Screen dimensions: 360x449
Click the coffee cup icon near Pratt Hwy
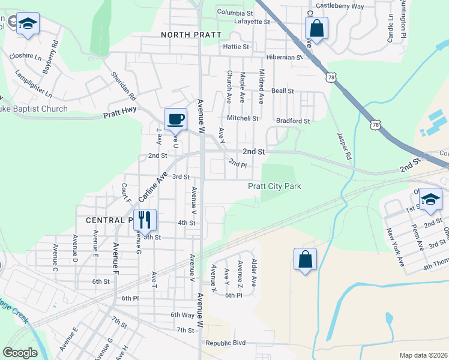(176, 119)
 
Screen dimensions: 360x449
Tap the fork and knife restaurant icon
(144, 220)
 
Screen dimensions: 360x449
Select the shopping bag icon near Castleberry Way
(316, 28)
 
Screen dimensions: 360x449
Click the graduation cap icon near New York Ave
(430, 199)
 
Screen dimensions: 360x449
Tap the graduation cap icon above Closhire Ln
(27, 23)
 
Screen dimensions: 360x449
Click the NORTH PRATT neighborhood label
(191, 35)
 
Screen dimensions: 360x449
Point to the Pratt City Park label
(275, 187)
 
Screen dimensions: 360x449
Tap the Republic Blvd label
(226, 343)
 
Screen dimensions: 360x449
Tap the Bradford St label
(293, 121)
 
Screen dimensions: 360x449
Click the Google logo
(20, 353)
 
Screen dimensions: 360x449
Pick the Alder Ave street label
(254, 273)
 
